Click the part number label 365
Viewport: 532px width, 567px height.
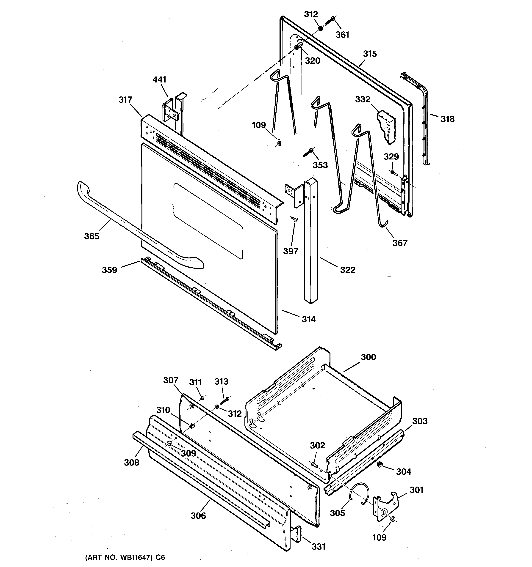[x=92, y=236]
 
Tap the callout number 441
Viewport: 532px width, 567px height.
[x=159, y=79]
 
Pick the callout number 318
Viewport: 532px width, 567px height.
[x=447, y=119]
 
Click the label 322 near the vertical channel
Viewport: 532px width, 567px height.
[x=348, y=270]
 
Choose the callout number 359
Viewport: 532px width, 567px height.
[x=110, y=270]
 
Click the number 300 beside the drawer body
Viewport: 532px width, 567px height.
[x=368, y=357]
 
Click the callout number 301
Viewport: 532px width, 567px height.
[x=416, y=490]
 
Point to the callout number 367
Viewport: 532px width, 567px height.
[x=400, y=243]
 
